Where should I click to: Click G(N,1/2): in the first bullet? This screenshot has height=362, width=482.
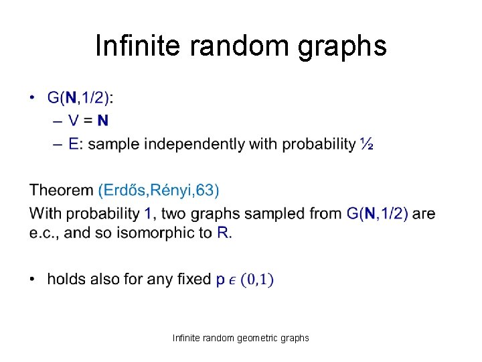(80, 98)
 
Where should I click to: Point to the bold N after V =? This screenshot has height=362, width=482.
(102, 121)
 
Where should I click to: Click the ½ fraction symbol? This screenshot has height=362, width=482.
(366, 143)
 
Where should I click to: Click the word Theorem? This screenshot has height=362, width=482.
(62, 190)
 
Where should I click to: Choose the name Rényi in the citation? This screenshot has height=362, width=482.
(173, 190)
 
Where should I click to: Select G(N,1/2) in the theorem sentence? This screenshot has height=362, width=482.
(378, 214)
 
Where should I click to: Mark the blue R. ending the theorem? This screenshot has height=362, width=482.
(224, 233)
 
